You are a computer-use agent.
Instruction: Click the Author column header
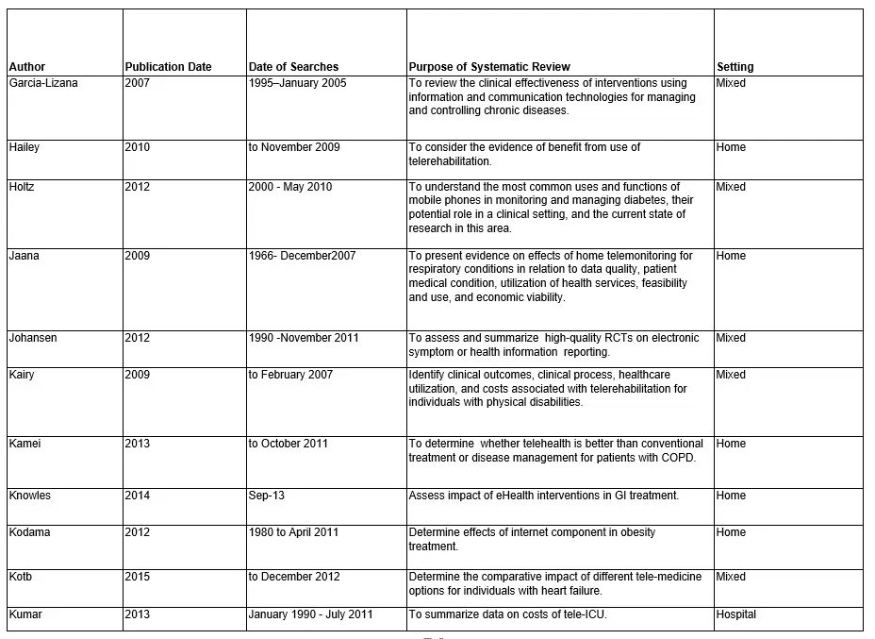tap(26, 67)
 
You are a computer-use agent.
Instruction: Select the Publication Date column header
tap(168, 67)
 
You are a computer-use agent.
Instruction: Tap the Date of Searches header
tap(293, 67)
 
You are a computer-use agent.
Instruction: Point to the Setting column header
tap(735, 67)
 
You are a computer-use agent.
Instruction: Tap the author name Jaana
tap(25, 256)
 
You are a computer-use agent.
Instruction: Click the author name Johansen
tap(33, 338)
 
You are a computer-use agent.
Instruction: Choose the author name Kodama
tap(30, 532)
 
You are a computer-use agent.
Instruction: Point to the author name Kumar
tap(26, 614)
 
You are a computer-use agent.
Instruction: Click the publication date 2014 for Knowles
tap(137, 496)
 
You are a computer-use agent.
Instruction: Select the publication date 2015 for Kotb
tap(137, 577)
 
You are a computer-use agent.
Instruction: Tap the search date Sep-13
tap(265, 496)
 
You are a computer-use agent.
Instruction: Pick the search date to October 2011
tap(289, 444)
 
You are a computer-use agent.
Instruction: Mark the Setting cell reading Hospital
tap(736, 614)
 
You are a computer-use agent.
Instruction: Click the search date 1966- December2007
tap(302, 256)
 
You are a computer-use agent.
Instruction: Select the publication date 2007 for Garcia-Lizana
tap(137, 83)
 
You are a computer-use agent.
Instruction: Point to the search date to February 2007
tap(291, 375)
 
